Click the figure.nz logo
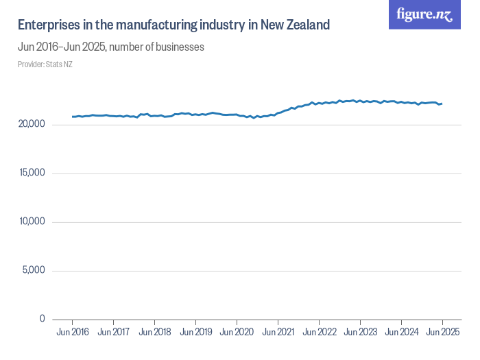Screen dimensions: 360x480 coord(424,14)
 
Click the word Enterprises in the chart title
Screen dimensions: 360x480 coord(47,25)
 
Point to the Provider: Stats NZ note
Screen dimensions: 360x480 coord(45,64)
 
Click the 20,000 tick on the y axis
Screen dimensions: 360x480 coord(32,124)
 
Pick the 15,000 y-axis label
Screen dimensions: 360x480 coord(32,173)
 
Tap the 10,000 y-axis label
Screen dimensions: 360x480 coord(32,221)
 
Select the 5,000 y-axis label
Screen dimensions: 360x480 coord(34,270)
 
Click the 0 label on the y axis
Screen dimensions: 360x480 coord(42,319)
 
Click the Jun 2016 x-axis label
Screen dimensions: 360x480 coord(72,333)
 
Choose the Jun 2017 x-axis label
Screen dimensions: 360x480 coord(113,333)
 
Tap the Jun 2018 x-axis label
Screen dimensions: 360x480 coord(154,333)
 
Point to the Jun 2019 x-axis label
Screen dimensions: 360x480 coord(195,333)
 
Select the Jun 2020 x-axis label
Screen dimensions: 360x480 coord(237,333)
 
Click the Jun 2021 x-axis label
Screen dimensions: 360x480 coord(278,333)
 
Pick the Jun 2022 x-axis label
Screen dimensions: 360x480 coord(319,333)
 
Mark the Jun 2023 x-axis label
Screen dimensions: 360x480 coord(360,333)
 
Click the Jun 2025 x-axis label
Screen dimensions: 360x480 coord(442,333)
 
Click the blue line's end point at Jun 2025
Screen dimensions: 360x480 coord(442,104)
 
